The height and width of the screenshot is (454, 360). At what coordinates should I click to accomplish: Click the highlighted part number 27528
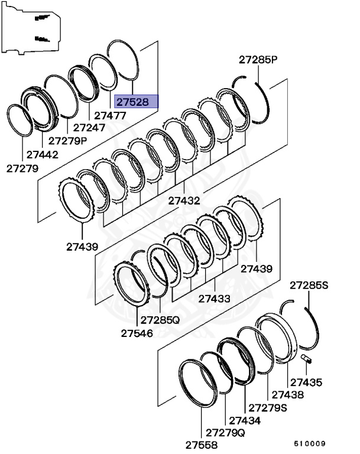point(136,102)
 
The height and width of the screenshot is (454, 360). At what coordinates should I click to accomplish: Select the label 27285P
point(258,60)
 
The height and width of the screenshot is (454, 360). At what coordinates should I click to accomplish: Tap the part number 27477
point(110,116)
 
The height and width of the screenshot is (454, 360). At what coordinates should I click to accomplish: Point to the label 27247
point(89,128)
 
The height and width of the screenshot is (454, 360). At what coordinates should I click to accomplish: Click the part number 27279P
point(67,141)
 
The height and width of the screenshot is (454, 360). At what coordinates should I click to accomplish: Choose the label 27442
point(42,155)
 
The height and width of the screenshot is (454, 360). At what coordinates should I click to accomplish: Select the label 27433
point(214,299)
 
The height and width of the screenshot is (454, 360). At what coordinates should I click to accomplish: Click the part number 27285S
point(308,286)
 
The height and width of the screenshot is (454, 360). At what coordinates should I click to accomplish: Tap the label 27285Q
point(160,320)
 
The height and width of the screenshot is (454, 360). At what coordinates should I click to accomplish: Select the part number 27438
point(287,395)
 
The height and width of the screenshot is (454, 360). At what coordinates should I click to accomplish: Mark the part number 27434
point(245,420)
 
